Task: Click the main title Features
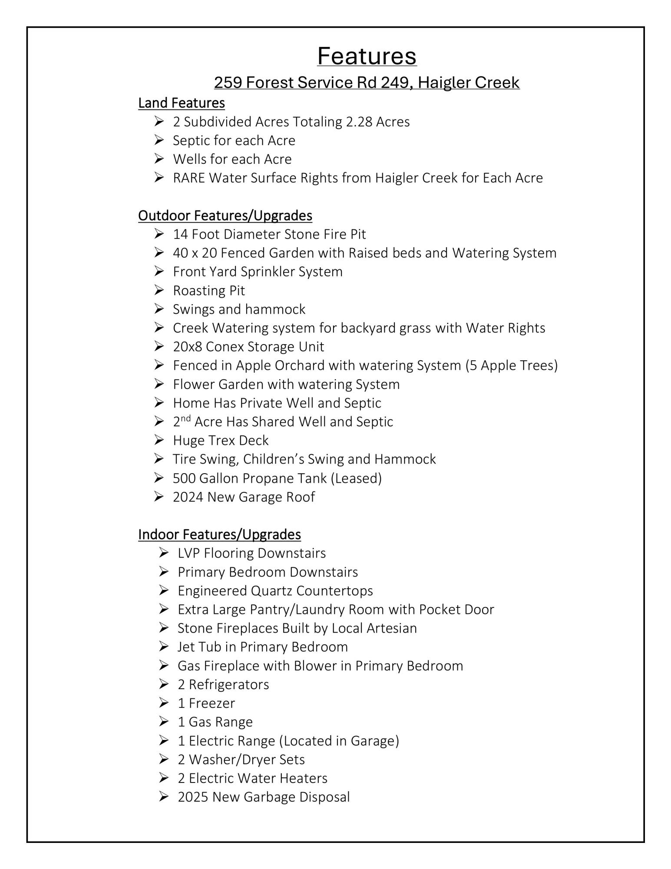tap(367, 56)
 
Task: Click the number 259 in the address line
tap(228, 83)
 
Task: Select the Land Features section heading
tap(182, 103)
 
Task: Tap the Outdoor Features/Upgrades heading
tap(225, 216)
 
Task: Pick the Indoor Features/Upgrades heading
tap(219, 534)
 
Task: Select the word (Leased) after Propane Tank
tap(356, 478)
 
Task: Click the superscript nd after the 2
tap(186, 419)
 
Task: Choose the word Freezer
tap(212, 703)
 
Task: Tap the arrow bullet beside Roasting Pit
tap(159, 290)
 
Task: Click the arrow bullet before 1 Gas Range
tap(164, 722)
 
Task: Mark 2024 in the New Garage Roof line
tap(188, 497)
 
